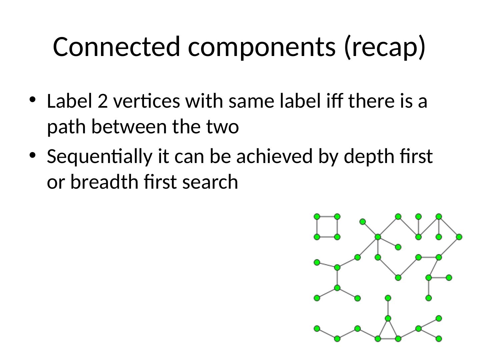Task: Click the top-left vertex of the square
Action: tap(317, 217)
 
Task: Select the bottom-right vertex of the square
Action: tap(337, 237)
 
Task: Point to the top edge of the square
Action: tap(327, 217)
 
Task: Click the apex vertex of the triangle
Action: tap(388, 318)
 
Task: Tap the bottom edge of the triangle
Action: tap(388, 339)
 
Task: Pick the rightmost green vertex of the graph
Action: tap(459, 237)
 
